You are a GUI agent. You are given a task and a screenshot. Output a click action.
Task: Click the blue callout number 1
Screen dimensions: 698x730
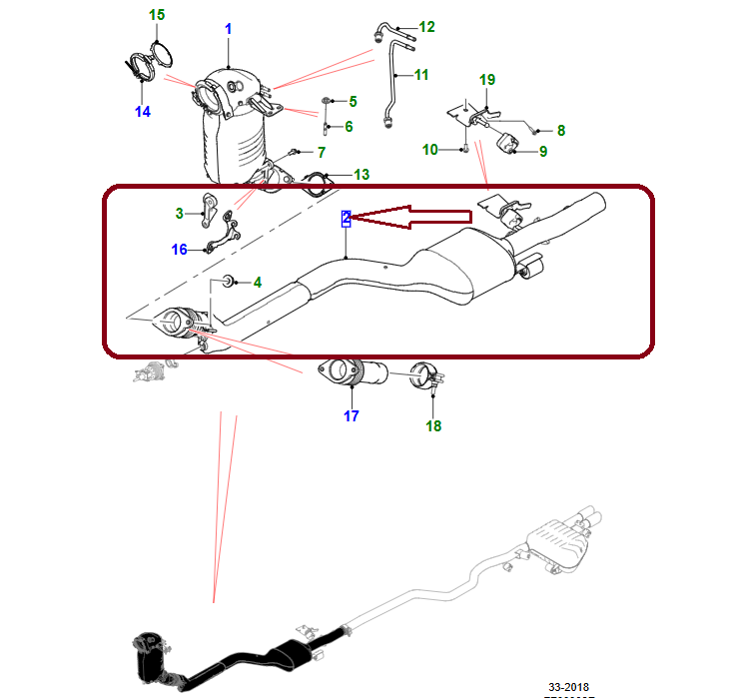pos(228,29)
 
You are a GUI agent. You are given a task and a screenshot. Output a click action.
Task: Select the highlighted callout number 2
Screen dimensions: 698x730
pos(346,218)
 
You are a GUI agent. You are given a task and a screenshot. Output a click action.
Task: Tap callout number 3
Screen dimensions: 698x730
pos(179,213)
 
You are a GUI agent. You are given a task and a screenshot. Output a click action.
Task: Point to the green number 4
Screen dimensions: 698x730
pos(257,283)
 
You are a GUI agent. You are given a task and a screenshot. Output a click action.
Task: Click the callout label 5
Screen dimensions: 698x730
pos(353,102)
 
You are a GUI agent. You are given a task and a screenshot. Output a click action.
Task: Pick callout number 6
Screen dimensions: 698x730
pos(349,127)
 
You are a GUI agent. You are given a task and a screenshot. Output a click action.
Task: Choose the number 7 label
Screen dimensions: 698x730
pos(322,153)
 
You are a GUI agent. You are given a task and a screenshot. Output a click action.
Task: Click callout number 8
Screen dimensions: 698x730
pos(561,130)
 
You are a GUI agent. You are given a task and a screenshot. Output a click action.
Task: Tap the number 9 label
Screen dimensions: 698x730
pos(543,152)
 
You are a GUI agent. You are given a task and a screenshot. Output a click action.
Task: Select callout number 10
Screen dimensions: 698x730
pos(430,150)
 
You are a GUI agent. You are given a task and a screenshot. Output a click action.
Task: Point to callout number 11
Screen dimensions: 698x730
pos(420,75)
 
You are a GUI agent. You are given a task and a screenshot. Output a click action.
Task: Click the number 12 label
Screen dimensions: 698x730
pos(427,27)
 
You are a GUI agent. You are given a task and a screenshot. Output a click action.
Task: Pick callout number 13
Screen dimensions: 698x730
pos(362,175)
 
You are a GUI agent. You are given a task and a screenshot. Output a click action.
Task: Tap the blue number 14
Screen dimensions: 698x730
pos(143,111)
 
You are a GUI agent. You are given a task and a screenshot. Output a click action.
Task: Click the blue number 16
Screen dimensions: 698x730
pos(179,250)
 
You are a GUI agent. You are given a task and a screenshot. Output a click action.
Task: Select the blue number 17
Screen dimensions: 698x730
pos(352,416)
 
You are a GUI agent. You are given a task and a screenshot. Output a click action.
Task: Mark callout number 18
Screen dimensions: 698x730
pos(433,426)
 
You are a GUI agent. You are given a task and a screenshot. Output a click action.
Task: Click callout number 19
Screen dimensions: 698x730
pos(487,79)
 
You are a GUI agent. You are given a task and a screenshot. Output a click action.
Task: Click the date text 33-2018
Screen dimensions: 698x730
pos(569,687)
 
